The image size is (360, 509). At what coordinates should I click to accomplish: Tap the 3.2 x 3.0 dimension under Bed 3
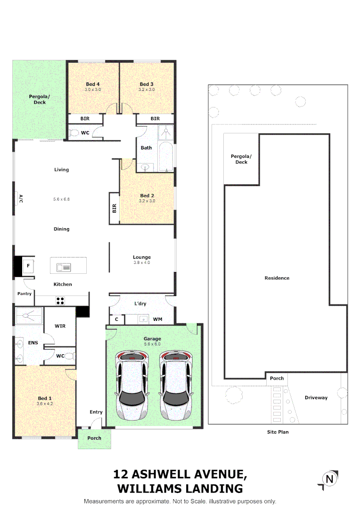pyautogui.click(x=147, y=90)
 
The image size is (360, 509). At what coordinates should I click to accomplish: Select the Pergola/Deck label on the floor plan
pyautogui.click(x=40, y=99)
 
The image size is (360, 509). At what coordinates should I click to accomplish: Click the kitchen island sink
pyautogui.click(x=63, y=268)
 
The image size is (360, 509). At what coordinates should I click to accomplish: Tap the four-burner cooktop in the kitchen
pyautogui.click(x=60, y=300)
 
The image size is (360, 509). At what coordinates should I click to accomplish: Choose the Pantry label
pyautogui.click(x=25, y=294)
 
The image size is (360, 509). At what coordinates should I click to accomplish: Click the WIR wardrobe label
pyautogui.click(x=60, y=326)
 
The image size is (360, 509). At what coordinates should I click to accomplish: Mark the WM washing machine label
pyautogui.click(x=158, y=320)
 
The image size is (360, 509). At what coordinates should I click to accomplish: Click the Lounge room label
pyautogui.click(x=142, y=257)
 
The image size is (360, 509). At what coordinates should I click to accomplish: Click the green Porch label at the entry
pyautogui.click(x=94, y=438)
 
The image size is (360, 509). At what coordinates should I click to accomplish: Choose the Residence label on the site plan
pyautogui.click(x=277, y=278)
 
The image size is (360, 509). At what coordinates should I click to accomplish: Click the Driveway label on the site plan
pyautogui.click(x=316, y=398)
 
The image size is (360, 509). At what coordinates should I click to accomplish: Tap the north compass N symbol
pyautogui.click(x=330, y=479)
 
